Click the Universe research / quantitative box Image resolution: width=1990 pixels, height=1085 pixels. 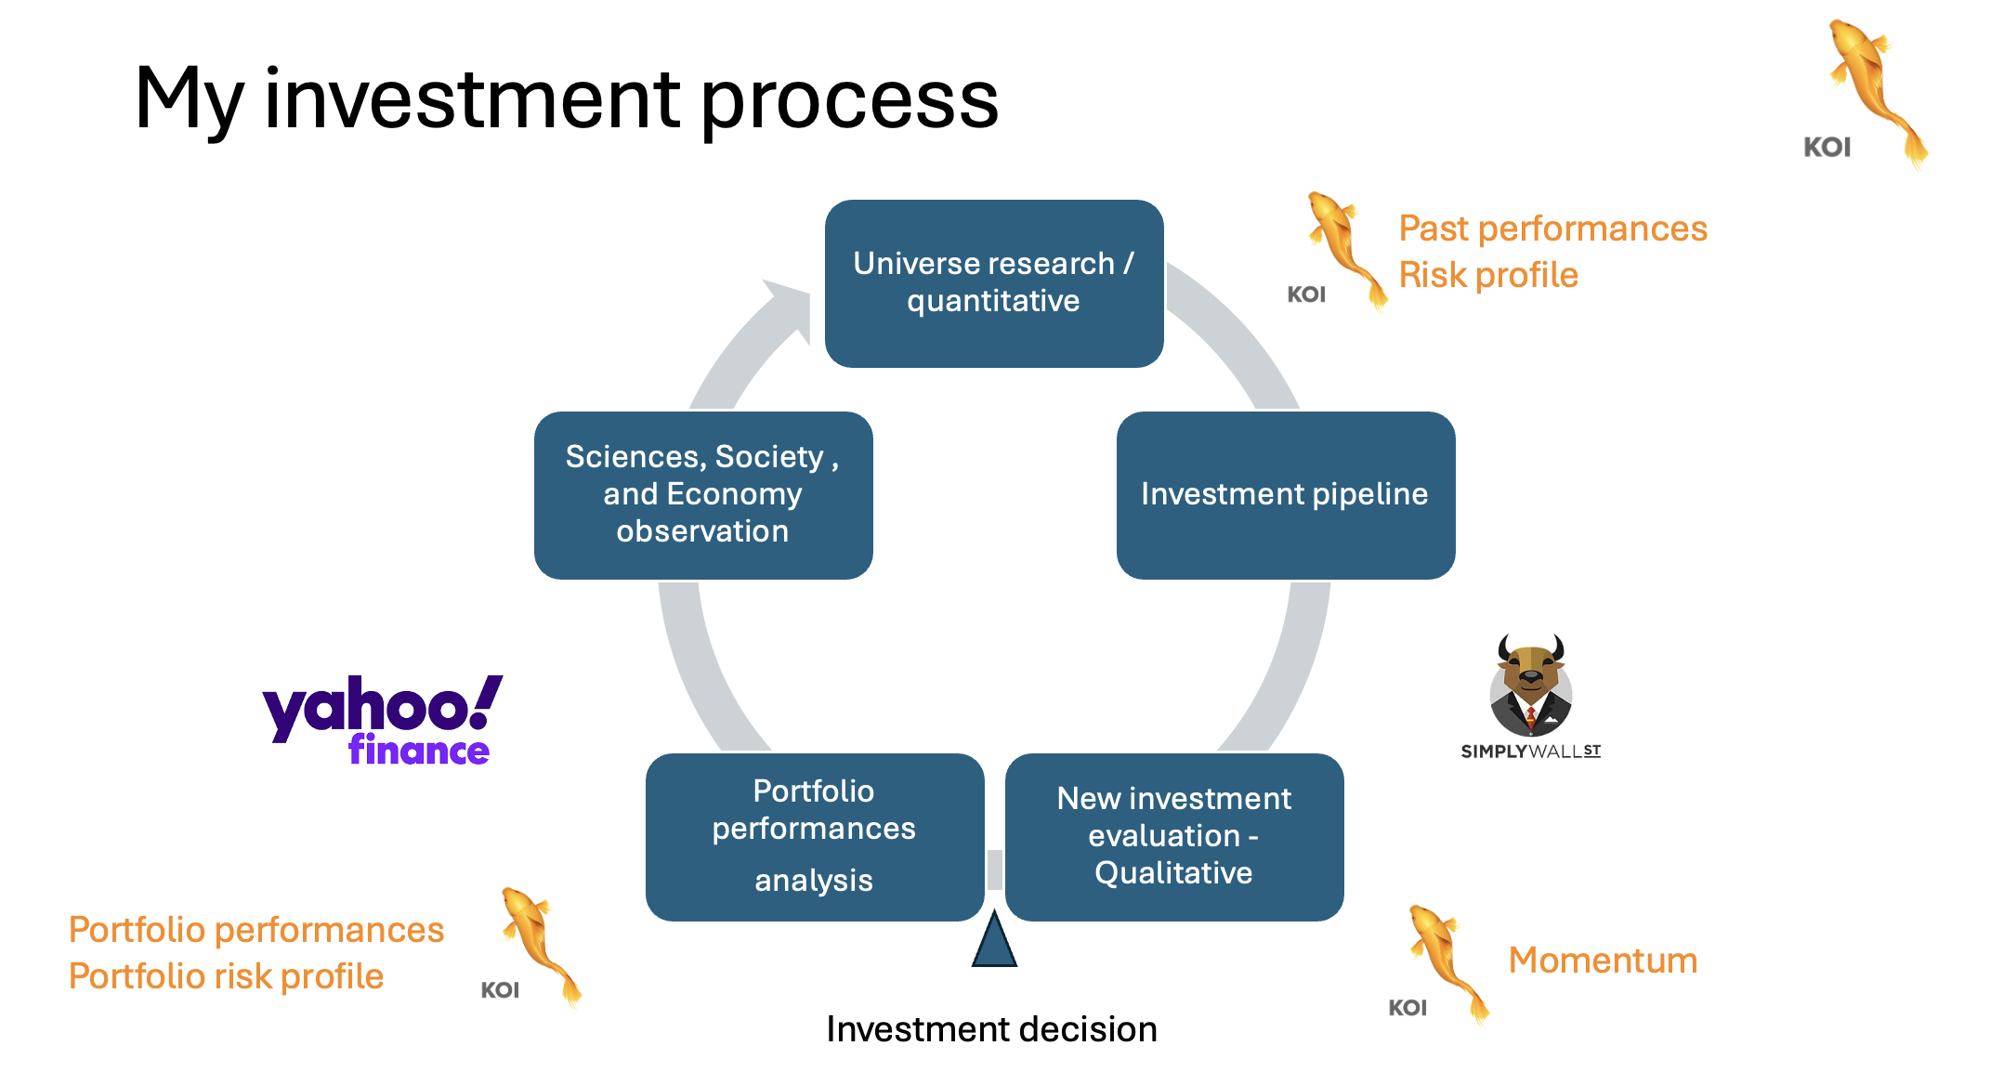pos(993,283)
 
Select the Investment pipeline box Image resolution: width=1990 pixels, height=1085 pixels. pos(1285,495)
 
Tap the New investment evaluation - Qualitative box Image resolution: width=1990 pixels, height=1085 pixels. pos(1173,836)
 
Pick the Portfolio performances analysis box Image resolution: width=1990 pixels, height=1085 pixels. pos(814,836)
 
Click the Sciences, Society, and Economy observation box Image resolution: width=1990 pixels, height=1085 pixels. pos(702,495)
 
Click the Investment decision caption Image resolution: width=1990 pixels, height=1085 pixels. pos(991,1029)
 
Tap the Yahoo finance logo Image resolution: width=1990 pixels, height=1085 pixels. pos(382,719)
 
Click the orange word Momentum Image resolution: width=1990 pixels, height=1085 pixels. pos(1603,961)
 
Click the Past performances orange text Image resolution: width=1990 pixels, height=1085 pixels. pos(1552,229)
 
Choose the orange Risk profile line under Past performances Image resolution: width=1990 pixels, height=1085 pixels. pos(1488,275)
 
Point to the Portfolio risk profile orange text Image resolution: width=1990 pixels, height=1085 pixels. pos(226,976)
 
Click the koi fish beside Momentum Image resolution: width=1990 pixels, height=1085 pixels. pos(1447,961)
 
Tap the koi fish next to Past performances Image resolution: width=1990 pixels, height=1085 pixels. pos(1345,247)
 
